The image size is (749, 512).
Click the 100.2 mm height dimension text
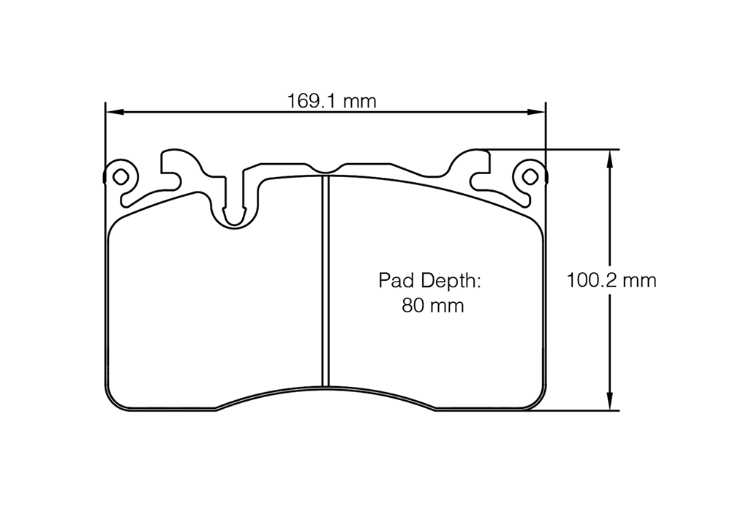coord(612,279)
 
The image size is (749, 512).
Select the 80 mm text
coord(432,306)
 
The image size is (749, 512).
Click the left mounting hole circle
coord(121,176)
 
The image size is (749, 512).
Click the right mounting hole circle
coord(530,176)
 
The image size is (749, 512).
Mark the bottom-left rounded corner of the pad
coord(116,401)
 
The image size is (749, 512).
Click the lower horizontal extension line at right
coord(578,410)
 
